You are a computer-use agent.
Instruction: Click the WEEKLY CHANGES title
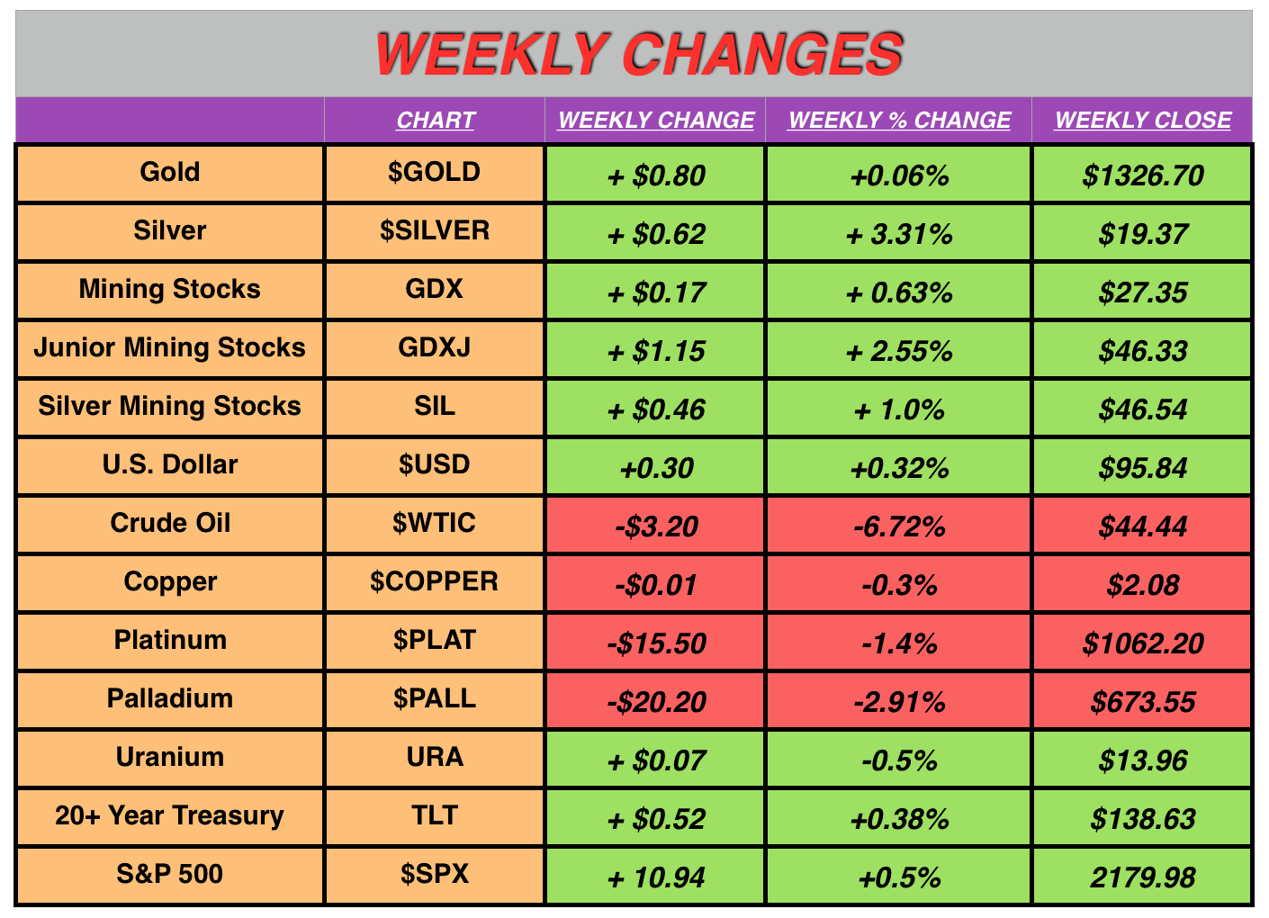click(x=639, y=54)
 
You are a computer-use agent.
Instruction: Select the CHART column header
click(x=435, y=120)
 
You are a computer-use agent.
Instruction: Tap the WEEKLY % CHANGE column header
click(x=899, y=120)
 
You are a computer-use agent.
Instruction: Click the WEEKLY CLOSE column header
click(x=1143, y=120)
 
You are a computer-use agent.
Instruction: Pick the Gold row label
click(x=170, y=172)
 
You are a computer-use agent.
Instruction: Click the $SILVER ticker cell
click(x=435, y=230)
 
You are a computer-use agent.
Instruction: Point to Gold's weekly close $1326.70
click(x=1143, y=175)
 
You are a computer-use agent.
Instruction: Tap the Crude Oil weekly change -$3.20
click(x=657, y=526)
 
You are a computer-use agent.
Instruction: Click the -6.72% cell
click(x=899, y=526)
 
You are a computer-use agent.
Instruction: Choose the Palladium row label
click(x=170, y=698)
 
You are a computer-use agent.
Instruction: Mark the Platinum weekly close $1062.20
click(x=1143, y=643)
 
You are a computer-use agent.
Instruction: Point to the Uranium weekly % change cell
click(x=899, y=760)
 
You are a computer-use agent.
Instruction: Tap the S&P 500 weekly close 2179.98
click(x=1143, y=877)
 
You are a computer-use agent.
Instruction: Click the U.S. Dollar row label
click(x=170, y=464)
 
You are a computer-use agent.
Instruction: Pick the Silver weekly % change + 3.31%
click(x=899, y=234)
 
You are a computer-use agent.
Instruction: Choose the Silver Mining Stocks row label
click(x=170, y=406)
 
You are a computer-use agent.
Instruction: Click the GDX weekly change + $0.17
click(x=657, y=292)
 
